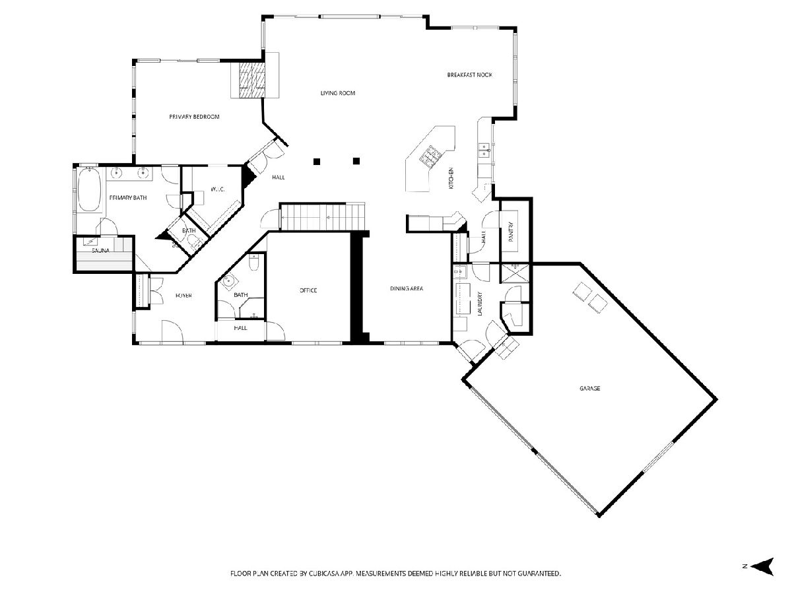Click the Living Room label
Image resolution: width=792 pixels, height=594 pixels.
coord(338,93)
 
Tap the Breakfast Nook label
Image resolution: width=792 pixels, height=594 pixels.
coord(469,75)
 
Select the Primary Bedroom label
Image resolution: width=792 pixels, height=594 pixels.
coord(194,117)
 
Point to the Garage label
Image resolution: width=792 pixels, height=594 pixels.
coord(589,389)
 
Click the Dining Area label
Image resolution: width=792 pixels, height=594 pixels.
coord(407,288)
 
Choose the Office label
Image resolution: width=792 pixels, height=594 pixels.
coord(308,290)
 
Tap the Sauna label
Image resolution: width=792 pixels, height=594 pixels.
coord(100,251)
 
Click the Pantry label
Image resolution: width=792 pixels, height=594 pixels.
coord(511,231)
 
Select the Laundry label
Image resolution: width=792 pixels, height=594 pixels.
coord(480,304)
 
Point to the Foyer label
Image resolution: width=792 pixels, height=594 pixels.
coord(183,296)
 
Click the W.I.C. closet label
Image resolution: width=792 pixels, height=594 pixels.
coord(217,189)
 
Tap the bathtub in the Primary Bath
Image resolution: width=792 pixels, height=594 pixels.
coord(89,189)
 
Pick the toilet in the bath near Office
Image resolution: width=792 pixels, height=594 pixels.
coord(254,263)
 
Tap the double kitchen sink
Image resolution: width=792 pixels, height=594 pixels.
coord(484,150)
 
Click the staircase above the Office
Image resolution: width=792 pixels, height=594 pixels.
coord(323,216)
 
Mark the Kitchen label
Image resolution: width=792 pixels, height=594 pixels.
coord(451,178)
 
